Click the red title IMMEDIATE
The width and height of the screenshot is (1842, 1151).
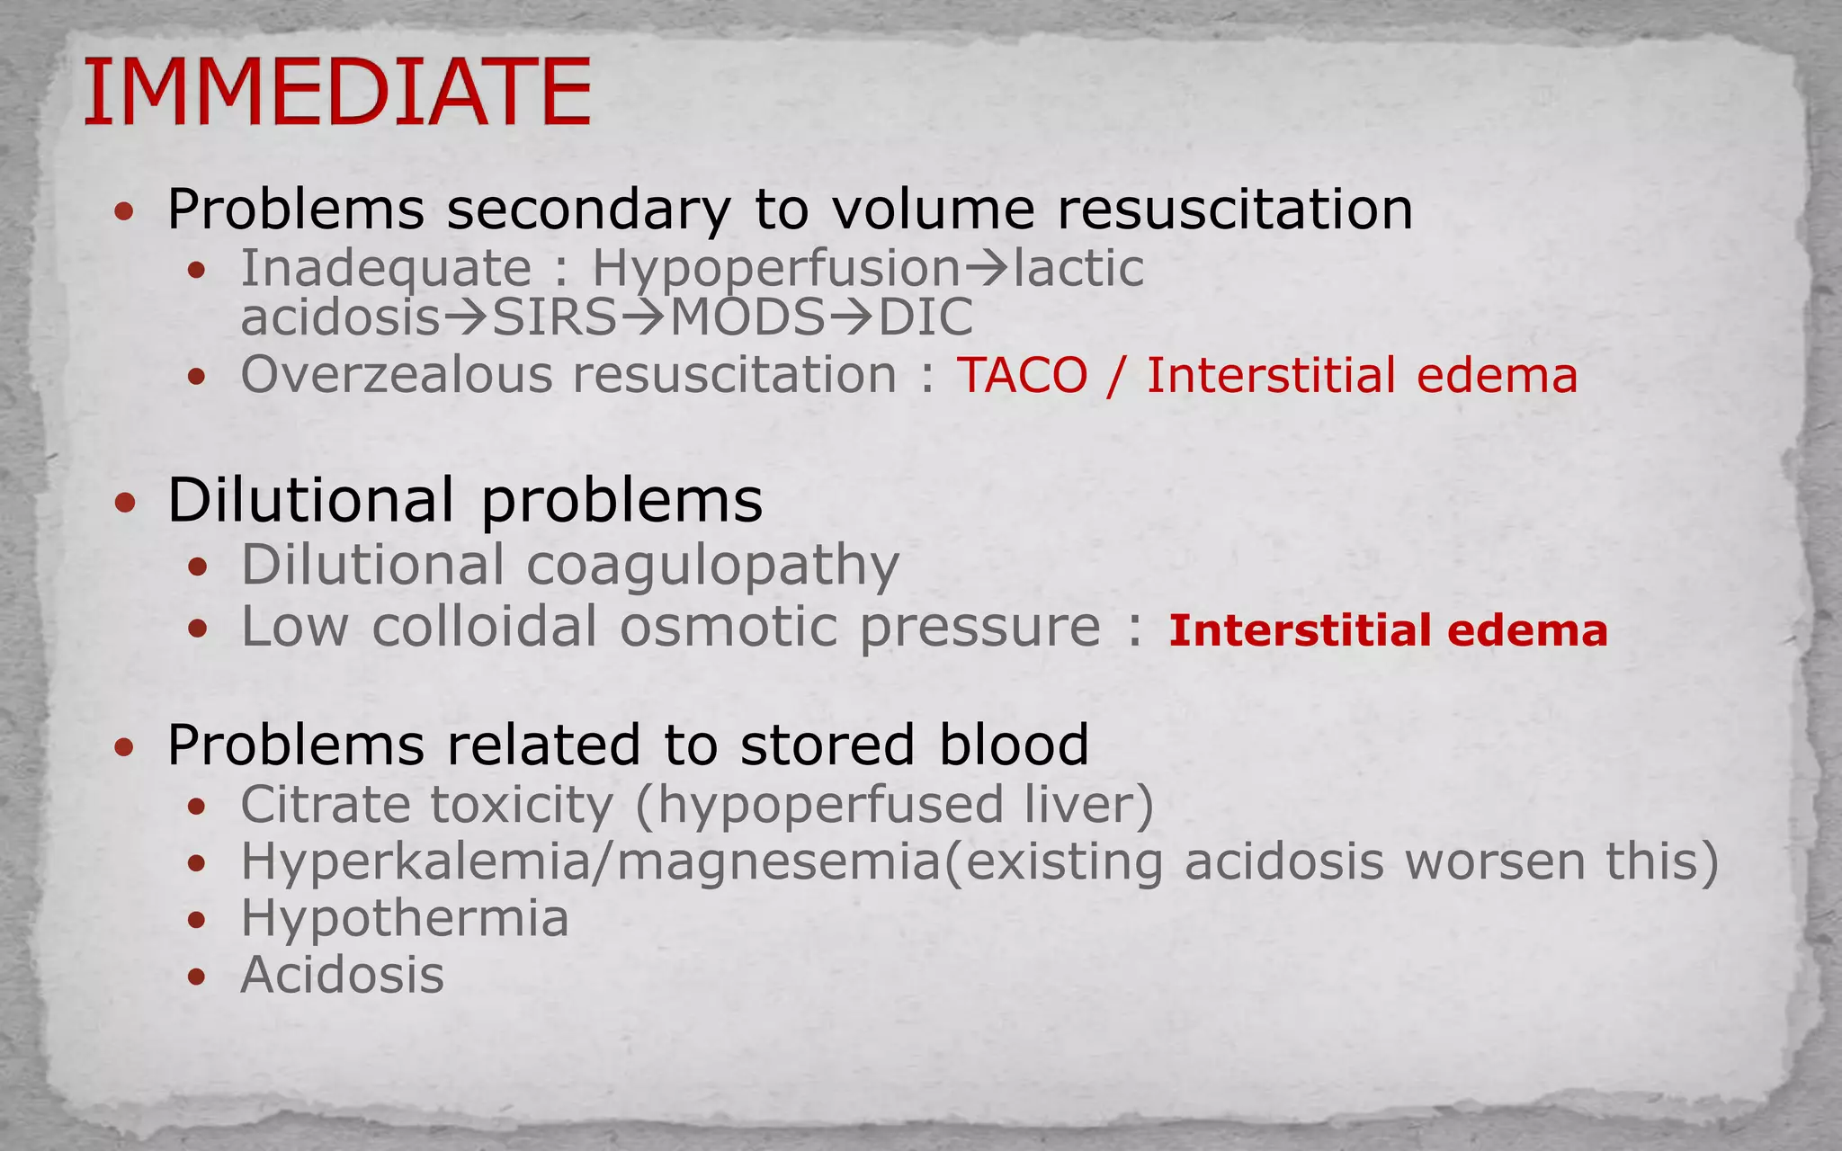pos(337,92)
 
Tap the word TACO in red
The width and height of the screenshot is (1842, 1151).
pos(1022,375)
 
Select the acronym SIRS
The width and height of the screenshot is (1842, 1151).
pos(555,317)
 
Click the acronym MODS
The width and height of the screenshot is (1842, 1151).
pos(747,317)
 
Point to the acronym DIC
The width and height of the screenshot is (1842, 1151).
pos(925,317)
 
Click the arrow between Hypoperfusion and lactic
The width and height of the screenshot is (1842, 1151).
pos(987,268)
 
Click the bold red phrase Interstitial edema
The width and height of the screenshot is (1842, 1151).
pos(1388,630)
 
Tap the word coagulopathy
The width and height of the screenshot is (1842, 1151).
pos(712,567)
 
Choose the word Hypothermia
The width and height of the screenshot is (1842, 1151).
pos(405,919)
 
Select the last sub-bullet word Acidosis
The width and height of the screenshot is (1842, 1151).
pos(343,975)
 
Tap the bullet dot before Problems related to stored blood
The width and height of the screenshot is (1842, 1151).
pos(125,746)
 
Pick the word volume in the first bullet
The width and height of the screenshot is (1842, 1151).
pos(933,210)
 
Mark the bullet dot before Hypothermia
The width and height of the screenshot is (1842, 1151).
pos(197,920)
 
